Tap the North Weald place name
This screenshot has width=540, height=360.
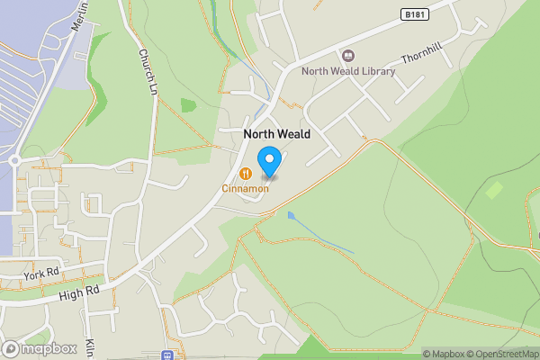pyautogui.click(x=277, y=134)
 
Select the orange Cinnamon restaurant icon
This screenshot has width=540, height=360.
pyautogui.click(x=245, y=173)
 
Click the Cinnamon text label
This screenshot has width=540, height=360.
pyautogui.click(x=245, y=188)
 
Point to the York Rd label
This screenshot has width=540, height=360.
pyautogui.click(x=41, y=273)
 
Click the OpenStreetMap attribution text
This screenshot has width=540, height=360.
pyautogui.click(x=504, y=354)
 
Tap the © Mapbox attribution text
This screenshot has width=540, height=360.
pyautogui.click(x=445, y=354)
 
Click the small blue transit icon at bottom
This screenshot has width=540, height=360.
pyautogui.click(x=166, y=355)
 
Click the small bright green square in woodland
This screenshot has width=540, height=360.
pyautogui.click(x=494, y=190)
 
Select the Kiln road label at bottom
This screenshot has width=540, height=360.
pyautogui.click(x=90, y=347)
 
